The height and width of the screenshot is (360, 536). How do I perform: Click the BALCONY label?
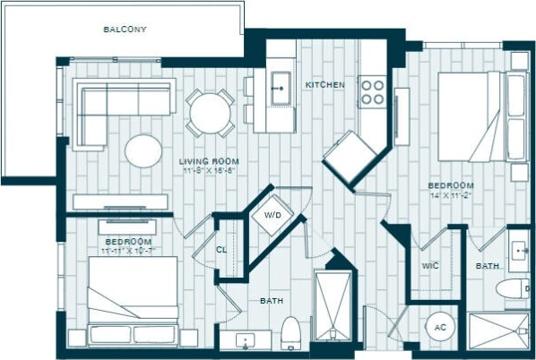pyautogui.click(x=125, y=30)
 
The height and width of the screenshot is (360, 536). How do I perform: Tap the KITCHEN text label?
pyautogui.click(x=324, y=85)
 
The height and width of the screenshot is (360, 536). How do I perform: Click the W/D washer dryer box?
pyautogui.click(x=270, y=215)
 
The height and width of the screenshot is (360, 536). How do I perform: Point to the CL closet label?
pyautogui.click(x=221, y=250)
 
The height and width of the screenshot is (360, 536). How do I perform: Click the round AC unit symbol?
pyautogui.click(x=439, y=327)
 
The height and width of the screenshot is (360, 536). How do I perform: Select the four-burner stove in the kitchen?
pyautogui.click(x=372, y=90)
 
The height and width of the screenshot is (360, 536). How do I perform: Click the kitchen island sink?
pyautogui.click(x=279, y=89)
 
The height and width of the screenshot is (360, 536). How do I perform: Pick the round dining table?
pyautogui.click(x=211, y=113)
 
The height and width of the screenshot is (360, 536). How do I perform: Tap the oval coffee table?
pyautogui.click(x=144, y=150)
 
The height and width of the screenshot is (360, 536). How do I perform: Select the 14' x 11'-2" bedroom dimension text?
pyautogui.click(x=450, y=194)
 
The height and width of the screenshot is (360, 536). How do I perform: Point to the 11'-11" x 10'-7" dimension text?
pyautogui.click(x=129, y=252)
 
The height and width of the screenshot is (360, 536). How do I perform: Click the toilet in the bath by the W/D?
pyautogui.click(x=290, y=332)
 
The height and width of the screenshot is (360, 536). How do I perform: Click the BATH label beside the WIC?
pyautogui.click(x=487, y=266)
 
